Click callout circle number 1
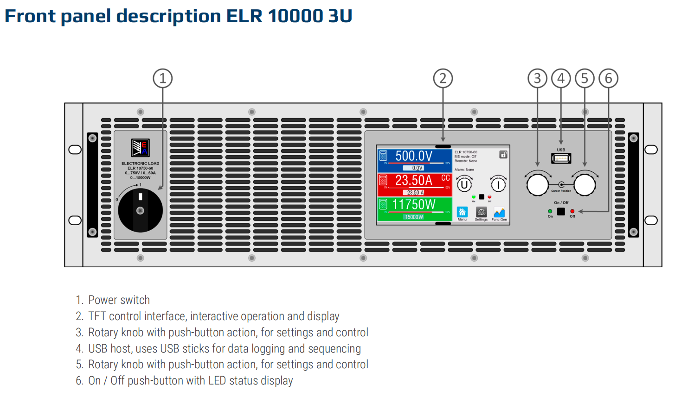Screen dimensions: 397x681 pos(162,78)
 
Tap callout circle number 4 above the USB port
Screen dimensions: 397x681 pos(561,78)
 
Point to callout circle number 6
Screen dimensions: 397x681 pos(608,78)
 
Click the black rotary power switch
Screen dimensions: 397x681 pos(140,210)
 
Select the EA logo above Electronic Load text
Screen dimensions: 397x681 pos(140,148)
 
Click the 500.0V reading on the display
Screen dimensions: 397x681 pos(413,156)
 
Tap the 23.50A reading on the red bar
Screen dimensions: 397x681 pos(413,180)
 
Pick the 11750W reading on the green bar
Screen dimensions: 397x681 pos(413,204)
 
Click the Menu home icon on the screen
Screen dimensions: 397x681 pos(462,212)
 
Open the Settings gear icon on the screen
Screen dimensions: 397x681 pos(481,212)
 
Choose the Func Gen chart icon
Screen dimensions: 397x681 pos(499,212)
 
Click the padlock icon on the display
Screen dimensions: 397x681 pos(503,155)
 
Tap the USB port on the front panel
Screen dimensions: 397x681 pos(561,158)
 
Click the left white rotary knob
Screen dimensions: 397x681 pos(537,185)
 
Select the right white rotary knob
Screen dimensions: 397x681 pos(585,185)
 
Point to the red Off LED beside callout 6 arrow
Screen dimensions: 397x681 pos(572,211)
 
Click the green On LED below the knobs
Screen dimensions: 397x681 pos(550,211)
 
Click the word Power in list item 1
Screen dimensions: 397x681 pos(103,300)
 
